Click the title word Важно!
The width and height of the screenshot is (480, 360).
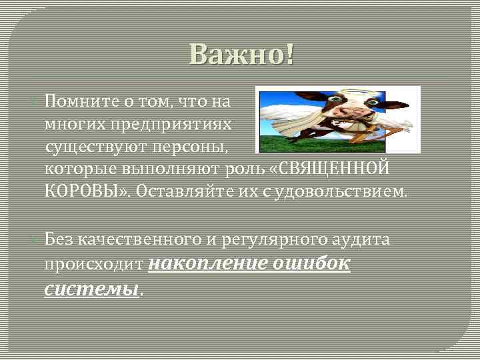(241, 54)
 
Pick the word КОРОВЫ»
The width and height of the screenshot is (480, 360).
(87, 192)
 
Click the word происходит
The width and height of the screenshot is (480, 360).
(93, 265)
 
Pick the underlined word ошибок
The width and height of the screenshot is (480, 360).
(311, 264)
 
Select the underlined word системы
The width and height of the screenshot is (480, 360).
(92, 289)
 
